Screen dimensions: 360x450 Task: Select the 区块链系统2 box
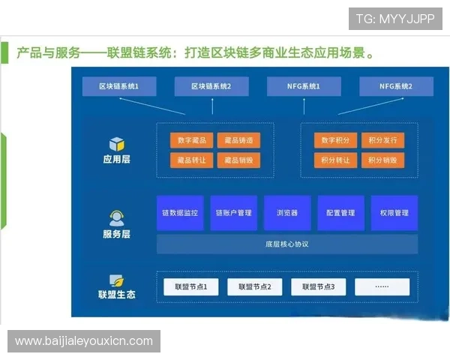211,87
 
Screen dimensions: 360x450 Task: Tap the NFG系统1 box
304,87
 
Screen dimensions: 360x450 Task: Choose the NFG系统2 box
396,87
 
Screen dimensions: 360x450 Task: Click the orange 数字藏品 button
191,140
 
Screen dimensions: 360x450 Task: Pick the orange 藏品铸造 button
238,140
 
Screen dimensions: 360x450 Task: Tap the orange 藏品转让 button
191,160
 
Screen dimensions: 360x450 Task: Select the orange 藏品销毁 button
238,160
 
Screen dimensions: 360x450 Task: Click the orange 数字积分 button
335,140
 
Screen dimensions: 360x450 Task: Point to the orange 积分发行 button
382,140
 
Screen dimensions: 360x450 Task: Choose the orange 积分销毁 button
382,160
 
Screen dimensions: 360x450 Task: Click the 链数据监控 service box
180,213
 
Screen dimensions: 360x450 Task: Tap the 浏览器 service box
286,213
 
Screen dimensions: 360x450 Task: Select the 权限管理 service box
394,213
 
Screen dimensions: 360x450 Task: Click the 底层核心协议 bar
286,244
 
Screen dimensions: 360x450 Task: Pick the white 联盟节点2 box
254,286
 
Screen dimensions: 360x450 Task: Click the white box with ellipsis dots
382,286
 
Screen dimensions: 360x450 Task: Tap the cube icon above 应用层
116,143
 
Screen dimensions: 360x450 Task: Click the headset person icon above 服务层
116,218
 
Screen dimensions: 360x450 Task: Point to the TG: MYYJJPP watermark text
394,18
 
